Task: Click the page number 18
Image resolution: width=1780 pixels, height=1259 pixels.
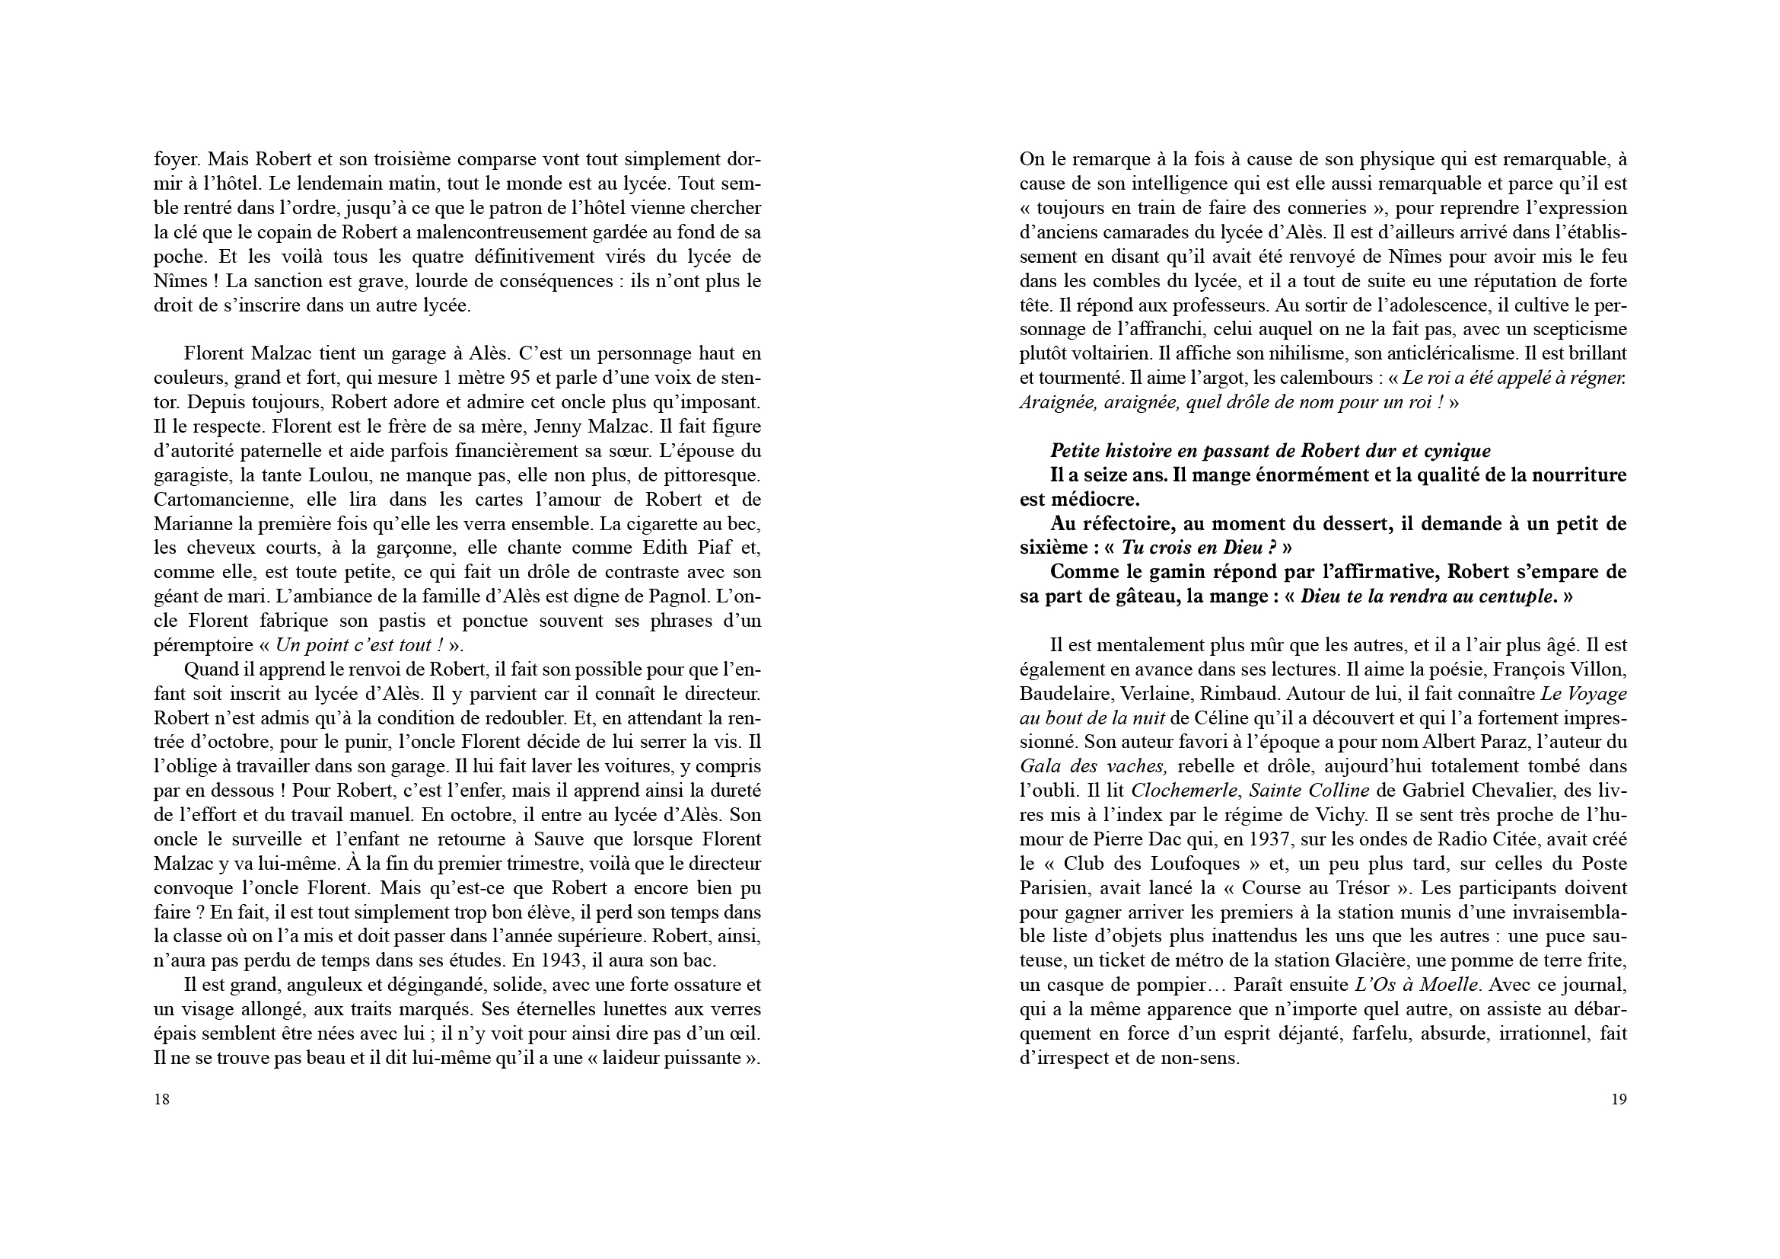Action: [162, 1098]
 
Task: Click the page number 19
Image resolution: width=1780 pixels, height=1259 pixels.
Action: [1619, 1098]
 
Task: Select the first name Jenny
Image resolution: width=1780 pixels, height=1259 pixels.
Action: [547, 427]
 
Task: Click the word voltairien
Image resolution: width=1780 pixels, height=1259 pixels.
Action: [1111, 353]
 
